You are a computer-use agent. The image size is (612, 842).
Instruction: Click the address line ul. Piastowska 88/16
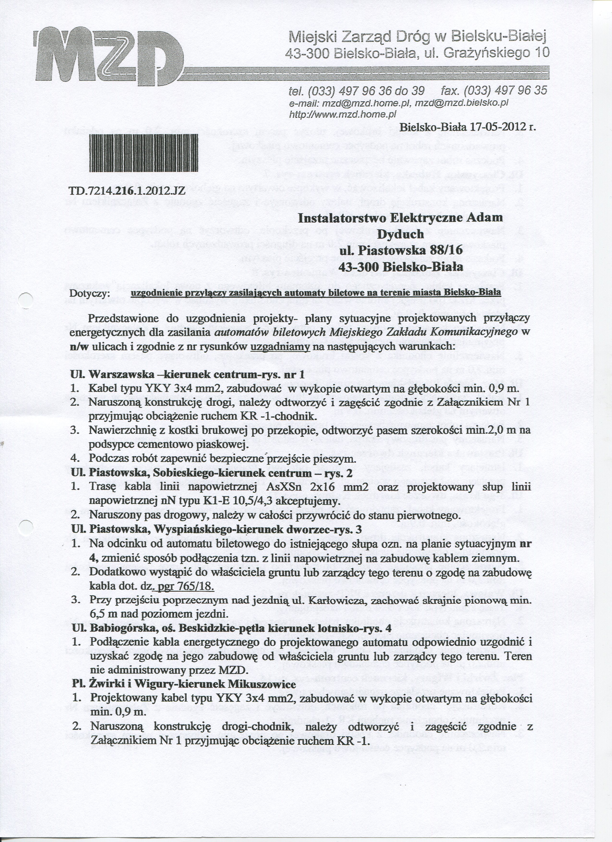click(x=400, y=250)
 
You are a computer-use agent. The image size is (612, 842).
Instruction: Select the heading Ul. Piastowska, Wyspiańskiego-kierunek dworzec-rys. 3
click(x=216, y=530)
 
